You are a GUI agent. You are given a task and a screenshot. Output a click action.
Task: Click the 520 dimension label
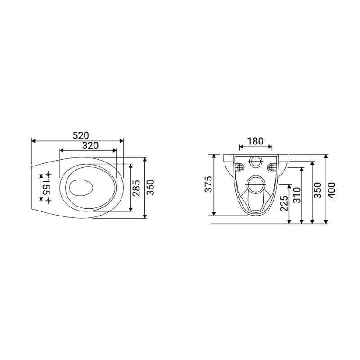coord(81,136)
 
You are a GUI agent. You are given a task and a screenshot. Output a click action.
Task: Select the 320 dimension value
coord(90,145)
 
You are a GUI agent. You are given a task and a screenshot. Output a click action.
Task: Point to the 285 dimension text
coord(136,188)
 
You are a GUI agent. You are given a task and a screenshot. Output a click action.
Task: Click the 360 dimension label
coord(150,188)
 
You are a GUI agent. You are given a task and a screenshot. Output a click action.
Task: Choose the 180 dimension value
coord(256,141)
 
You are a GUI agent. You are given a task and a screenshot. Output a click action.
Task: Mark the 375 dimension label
coord(209,184)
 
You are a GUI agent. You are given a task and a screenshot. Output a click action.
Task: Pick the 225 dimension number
coord(284,203)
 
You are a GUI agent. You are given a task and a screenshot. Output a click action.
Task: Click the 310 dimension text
coord(297,195)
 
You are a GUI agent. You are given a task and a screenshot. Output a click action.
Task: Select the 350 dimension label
coord(318,190)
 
